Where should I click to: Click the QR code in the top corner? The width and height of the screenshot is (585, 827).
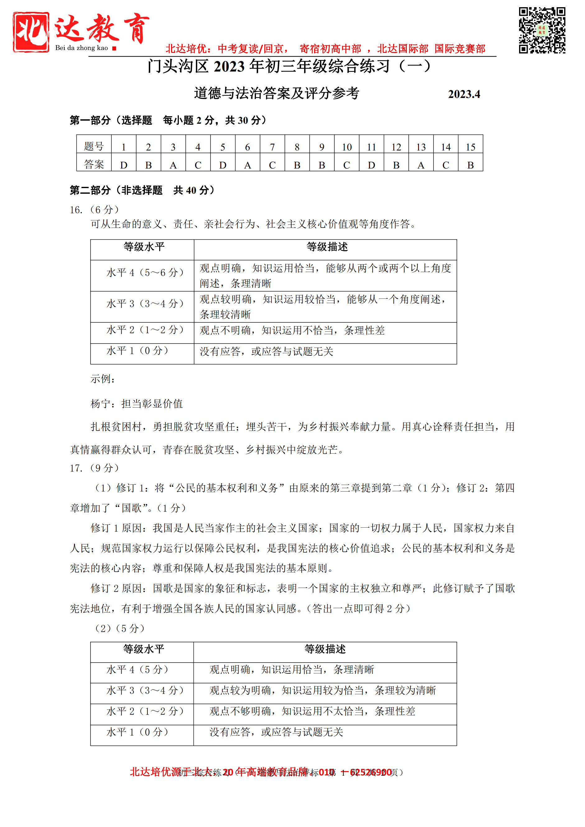pos(542,30)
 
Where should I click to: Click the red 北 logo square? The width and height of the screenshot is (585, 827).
pos(31,32)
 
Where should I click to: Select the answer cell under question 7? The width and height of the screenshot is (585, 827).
pos(272,165)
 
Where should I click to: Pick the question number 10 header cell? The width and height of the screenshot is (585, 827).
pos(346,147)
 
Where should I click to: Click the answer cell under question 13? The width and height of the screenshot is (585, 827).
pos(421,165)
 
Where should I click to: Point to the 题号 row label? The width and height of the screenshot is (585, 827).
pos(94,146)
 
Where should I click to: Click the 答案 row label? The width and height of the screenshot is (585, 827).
pos(94,164)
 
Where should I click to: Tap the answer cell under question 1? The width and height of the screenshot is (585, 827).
pos(123,165)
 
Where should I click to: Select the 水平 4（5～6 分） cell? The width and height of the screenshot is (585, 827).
pos(145,273)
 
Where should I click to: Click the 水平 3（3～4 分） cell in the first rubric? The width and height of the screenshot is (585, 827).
pos(145,304)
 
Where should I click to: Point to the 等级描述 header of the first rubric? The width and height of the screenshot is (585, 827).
pos(327,247)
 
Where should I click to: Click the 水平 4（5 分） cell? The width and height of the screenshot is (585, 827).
pos(137,670)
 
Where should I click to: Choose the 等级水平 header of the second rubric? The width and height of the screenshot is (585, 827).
pos(144,649)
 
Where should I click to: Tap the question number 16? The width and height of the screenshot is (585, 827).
pos(76,210)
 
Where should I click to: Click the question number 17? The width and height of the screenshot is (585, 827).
pos(76,468)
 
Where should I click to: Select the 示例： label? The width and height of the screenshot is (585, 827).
pos(103,379)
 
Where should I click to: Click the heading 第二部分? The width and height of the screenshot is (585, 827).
pos(91,190)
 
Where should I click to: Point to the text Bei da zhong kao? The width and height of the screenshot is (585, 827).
pos(81,48)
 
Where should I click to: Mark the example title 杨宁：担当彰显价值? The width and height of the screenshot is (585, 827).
pos(137,404)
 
